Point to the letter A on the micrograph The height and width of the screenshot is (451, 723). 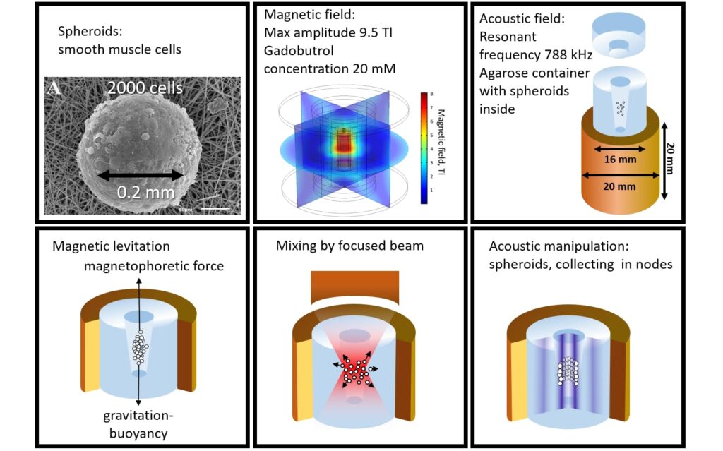point(54,88)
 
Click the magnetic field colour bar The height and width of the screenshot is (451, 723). point(424,148)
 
